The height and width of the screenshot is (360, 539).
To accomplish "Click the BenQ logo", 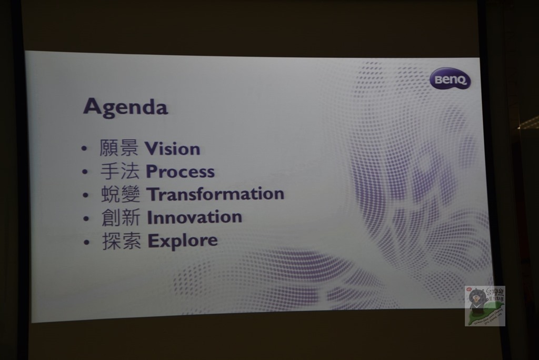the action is (450, 78).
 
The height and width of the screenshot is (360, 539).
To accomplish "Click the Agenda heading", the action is (125, 107).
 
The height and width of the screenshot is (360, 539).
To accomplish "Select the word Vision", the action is (172, 148).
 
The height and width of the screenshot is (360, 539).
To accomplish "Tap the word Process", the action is (181, 171).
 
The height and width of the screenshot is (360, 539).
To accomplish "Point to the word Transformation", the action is (215, 194).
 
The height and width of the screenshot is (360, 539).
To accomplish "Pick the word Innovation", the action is (195, 217).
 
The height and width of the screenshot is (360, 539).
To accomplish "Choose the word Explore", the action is (183, 241).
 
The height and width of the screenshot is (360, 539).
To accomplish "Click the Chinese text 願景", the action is (119, 148).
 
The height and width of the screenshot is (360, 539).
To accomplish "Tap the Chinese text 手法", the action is (120, 171).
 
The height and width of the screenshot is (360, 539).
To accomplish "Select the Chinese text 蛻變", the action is (121, 194).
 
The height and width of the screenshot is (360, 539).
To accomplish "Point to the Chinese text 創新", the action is (121, 218).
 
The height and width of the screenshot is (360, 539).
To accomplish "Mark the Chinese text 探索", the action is (122, 241).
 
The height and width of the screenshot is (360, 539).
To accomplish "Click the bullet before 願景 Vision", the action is (84, 148).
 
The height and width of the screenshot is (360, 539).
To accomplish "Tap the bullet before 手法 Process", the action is (85, 172).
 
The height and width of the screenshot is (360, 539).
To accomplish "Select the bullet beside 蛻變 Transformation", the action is (86, 195).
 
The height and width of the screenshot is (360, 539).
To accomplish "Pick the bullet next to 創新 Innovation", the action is (86, 218).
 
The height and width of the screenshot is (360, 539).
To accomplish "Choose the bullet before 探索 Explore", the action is (87, 242).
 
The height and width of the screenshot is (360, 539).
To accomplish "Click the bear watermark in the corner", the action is (485, 306).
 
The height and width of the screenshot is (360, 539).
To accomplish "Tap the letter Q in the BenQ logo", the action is (462, 81).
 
